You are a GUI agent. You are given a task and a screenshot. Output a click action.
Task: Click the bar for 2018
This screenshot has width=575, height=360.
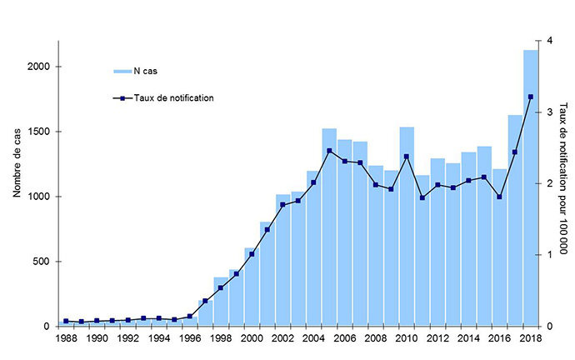click(530, 188)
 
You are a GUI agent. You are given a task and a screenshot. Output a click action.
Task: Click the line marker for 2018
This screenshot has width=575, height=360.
click(530, 97)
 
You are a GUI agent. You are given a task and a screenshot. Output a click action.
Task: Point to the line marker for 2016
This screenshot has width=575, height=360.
click(499, 197)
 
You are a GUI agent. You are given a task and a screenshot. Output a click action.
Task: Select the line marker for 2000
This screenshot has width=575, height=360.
click(252, 254)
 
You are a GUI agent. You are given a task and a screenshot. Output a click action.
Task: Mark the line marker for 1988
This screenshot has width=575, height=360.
click(66, 321)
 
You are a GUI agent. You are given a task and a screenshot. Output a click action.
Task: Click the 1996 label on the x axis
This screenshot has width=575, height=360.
click(189, 339)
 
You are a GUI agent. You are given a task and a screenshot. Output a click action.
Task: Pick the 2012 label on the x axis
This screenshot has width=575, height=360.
click(437, 339)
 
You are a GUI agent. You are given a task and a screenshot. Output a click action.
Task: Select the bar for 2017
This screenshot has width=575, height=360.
click(515, 221)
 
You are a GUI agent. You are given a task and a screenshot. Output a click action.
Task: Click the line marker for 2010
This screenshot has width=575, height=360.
click(407, 157)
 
